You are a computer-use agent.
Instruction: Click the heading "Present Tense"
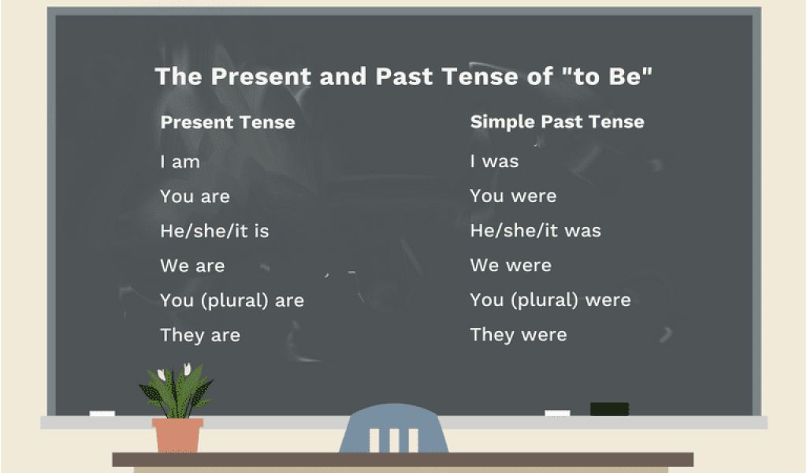pyautogui.click(x=228, y=122)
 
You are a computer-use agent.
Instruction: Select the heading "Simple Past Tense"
pyautogui.click(x=557, y=122)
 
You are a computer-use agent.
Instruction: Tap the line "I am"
pyautogui.click(x=180, y=162)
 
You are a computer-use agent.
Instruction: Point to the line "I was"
pyautogui.click(x=494, y=162)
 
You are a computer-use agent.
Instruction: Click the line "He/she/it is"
pyautogui.click(x=214, y=231)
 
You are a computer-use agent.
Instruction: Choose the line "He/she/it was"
pyautogui.click(x=535, y=230)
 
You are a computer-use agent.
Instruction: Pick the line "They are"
pyautogui.click(x=200, y=336)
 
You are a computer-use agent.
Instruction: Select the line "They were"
pyautogui.click(x=519, y=335)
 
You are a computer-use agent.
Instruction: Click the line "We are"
pyautogui.click(x=192, y=266)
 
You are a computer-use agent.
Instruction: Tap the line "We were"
pyautogui.click(x=511, y=266)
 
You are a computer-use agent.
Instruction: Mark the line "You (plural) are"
pyautogui.click(x=232, y=300)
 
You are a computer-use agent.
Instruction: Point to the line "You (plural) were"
pyautogui.click(x=550, y=300)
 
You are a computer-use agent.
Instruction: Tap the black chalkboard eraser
pyautogui.click(x=609, y=409)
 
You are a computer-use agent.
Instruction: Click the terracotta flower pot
pyautogui.click(x=177, y=435)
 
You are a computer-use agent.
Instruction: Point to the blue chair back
pyautogui.click(x=394, y=428)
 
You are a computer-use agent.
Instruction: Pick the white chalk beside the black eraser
pyautogui.click(x=557, y=413)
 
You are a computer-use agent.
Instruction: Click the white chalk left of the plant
pyautogui.click(x=102, y=413)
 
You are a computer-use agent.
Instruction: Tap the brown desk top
pyautogui.click(x=403, y=460)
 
